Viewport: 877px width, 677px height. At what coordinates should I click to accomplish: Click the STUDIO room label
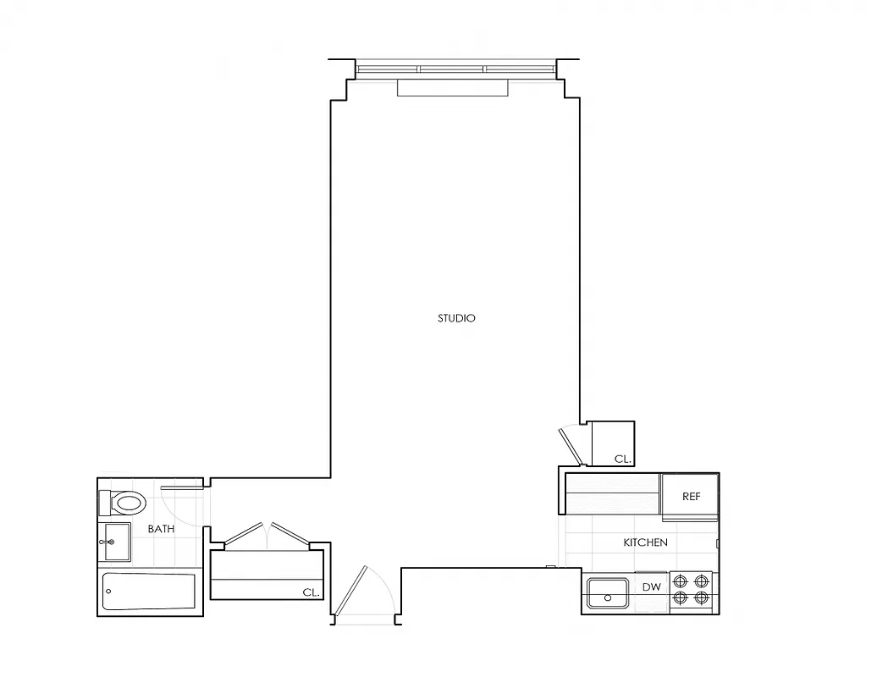(456, 318)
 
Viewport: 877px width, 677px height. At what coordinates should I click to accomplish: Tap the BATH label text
(161, 529)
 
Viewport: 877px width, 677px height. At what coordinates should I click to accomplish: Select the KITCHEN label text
(645, 542)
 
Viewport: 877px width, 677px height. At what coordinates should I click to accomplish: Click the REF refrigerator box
(691, 496)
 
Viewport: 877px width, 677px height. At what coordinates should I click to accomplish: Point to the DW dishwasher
(651, 587)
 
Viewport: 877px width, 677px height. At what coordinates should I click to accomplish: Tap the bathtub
(149, 592)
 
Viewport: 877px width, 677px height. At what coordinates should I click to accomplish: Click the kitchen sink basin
(609, 592)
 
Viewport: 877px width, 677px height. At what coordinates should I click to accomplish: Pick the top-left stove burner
(681, 581)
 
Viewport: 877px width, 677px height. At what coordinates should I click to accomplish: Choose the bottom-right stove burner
(701, 598)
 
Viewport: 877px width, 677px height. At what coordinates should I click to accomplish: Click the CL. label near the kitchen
(623, 459)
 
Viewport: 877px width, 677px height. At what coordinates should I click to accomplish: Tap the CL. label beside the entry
(311, 592)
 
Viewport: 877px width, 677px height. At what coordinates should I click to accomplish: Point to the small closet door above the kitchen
(570, 446)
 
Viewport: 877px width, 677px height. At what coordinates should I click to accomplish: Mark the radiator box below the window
(453, 88)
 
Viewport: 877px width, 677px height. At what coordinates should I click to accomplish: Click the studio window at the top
(455, 69)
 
